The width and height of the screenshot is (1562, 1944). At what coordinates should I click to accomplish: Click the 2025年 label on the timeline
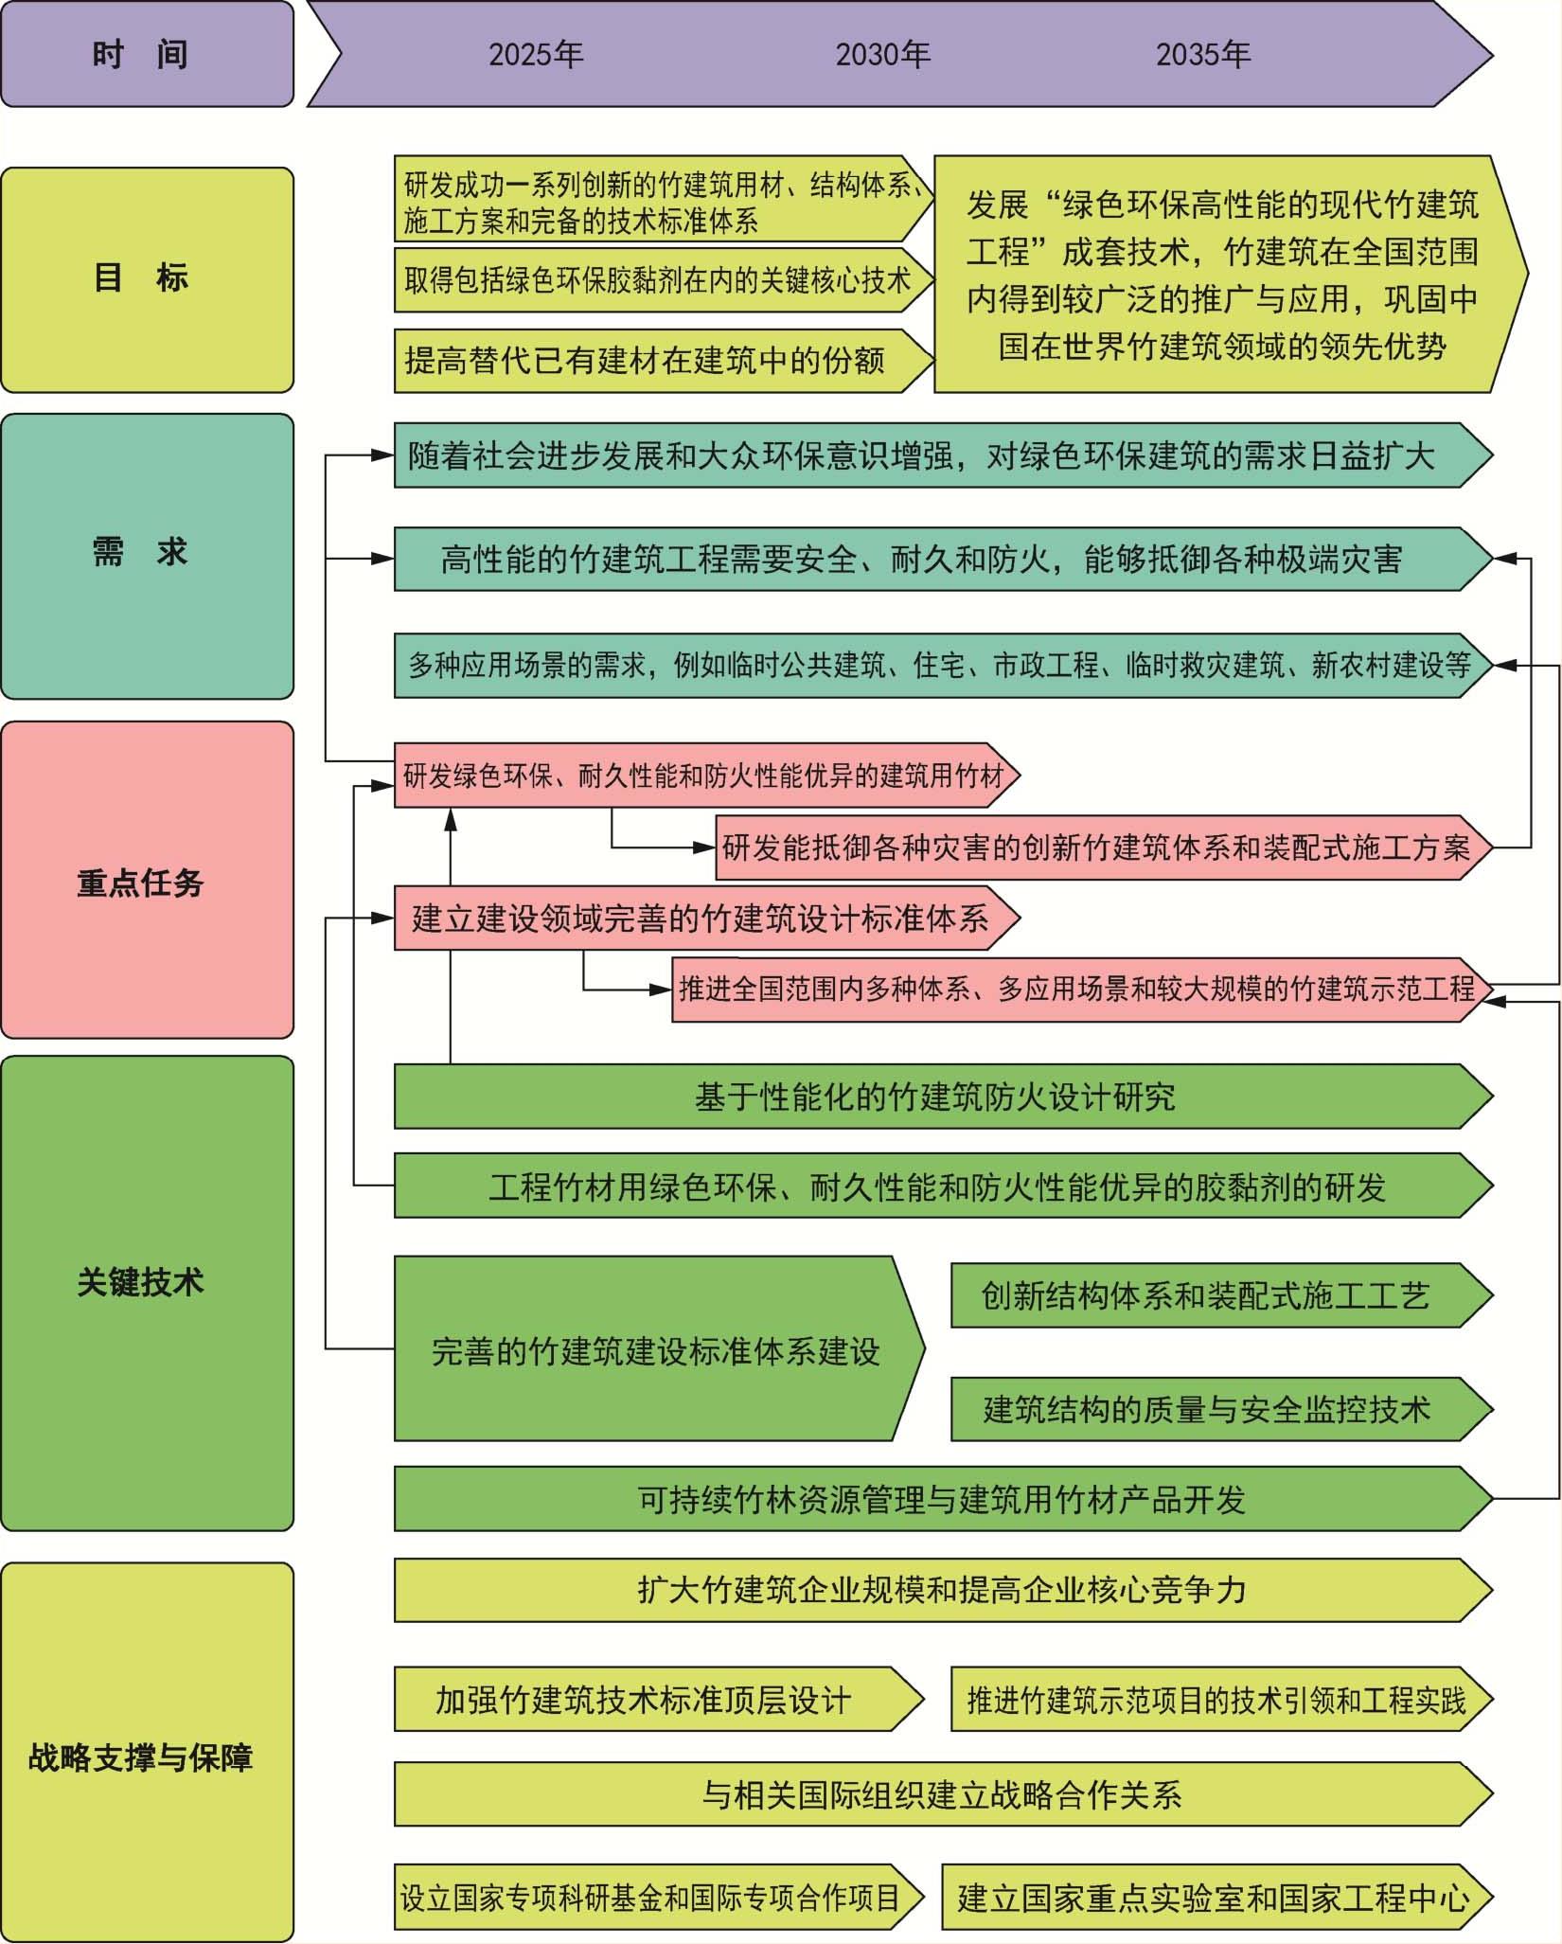click(536, 55)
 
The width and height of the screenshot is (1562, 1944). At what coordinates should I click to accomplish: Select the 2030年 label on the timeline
click(882, 55)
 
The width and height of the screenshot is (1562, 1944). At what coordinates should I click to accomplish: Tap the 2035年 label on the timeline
click(1203, 55)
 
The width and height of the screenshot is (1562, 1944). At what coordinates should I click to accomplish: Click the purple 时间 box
click(147, 54)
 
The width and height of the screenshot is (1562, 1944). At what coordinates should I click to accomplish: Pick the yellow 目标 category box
click(147, 279)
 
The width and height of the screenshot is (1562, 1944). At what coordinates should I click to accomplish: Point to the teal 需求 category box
click(147, 556)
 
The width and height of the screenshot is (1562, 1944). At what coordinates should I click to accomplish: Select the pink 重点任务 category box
click(147, 880)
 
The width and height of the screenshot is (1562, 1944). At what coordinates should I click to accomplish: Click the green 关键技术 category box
click(147, 1293)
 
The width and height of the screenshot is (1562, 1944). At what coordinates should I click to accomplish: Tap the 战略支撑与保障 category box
click(147, 1752)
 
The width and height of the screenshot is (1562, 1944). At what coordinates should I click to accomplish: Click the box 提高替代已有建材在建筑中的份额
click(664, 361)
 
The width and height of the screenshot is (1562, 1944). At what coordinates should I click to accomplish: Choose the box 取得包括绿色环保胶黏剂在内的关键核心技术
click(664, 279)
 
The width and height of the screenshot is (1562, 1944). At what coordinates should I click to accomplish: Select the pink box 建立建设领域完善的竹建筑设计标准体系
click(706, 918)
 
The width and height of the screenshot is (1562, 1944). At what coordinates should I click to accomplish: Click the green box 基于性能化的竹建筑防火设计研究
click(943, 1097)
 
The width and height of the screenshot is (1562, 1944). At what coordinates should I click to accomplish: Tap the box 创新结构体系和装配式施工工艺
click(1221, 1295)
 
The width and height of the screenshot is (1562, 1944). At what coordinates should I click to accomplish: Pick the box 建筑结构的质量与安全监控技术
click(1221, 1409)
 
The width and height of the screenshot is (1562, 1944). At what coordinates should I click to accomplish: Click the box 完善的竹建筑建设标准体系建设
click(659, 1348)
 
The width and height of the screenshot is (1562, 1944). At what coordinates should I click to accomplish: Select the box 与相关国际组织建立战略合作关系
click(943, 1794)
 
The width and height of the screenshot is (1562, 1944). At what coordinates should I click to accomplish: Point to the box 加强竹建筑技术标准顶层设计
click(659, 1700)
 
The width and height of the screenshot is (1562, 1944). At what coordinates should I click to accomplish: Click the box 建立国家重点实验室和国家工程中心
click(1216, 1897)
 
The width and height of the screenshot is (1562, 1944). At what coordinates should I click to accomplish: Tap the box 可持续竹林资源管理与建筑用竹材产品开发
click(943, 1499)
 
